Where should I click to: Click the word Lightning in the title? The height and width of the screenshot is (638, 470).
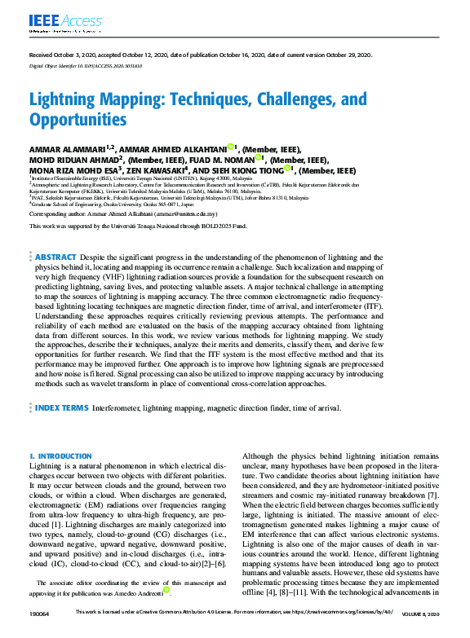pos(69,101)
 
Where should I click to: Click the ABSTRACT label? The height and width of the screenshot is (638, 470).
pos(55,256)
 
